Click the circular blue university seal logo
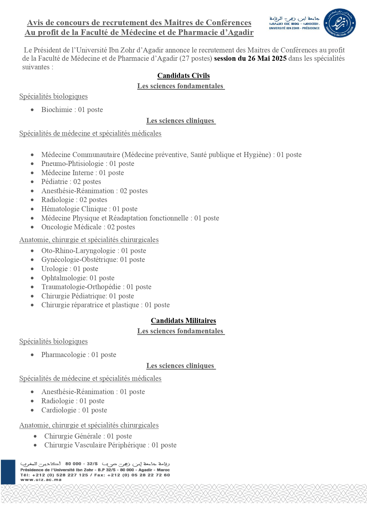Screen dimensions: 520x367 tap(339, 23)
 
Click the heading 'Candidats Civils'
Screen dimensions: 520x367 tap(183, 76)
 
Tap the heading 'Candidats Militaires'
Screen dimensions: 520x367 tap(183, 321)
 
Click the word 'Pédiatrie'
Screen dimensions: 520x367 tap(55, 182)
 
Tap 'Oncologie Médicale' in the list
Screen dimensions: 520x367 tap(71, 227)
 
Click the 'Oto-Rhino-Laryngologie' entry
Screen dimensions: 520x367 tap(78, 251)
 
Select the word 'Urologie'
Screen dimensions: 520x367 tap(55, 269)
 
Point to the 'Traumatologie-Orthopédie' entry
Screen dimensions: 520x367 tap(81, 287)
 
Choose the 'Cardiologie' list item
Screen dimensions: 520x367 tap(59, 410)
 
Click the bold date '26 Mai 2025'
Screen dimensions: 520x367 tap(267, 58)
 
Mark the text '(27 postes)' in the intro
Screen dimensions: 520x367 tap(196, 58)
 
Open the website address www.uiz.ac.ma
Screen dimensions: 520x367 tap(41, 479)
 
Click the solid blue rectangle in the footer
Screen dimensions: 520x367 tap(8, 472)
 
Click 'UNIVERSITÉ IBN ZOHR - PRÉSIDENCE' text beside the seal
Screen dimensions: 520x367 tap(294, 28)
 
